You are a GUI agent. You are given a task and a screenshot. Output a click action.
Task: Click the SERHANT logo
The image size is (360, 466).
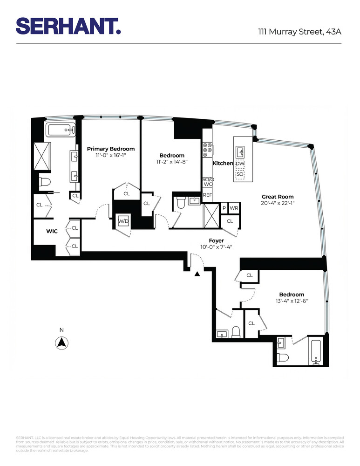(x=68, y=26)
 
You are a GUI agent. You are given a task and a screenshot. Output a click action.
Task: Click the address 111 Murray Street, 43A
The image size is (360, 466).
(x=300, y=32)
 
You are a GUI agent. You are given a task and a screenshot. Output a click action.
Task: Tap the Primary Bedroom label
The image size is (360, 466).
(x=111, y=149)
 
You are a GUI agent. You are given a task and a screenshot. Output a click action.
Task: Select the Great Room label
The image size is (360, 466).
(x=278, y=197)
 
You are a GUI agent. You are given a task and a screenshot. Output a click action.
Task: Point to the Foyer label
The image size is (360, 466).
(x=216, y=240)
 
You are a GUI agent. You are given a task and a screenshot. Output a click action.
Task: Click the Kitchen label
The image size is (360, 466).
(x=223, y=164)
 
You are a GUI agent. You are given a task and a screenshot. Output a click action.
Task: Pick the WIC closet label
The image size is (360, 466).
(x=52, y=231)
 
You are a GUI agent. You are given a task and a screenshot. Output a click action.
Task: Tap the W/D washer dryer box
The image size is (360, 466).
(x=123, y=221)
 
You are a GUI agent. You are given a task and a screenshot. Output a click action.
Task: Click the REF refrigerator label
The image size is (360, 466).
(x=207, y=195)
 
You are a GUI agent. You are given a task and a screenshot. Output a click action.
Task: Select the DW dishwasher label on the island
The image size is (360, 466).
(x=240, y=164)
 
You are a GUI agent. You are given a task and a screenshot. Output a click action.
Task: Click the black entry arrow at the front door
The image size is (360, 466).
(x=197, y=274)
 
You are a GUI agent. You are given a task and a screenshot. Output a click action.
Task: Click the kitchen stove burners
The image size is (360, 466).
(x=207, y=150)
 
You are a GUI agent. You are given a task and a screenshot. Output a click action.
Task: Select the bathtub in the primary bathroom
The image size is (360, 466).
(x=60, y=129)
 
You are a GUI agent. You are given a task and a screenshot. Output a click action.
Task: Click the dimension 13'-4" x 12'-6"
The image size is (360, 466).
(x=292, y=301)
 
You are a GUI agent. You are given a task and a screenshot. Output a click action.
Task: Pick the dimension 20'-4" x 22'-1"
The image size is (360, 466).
(x=278, y=203)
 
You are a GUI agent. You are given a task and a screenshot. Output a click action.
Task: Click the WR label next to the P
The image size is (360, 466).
(x=234, y=208)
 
